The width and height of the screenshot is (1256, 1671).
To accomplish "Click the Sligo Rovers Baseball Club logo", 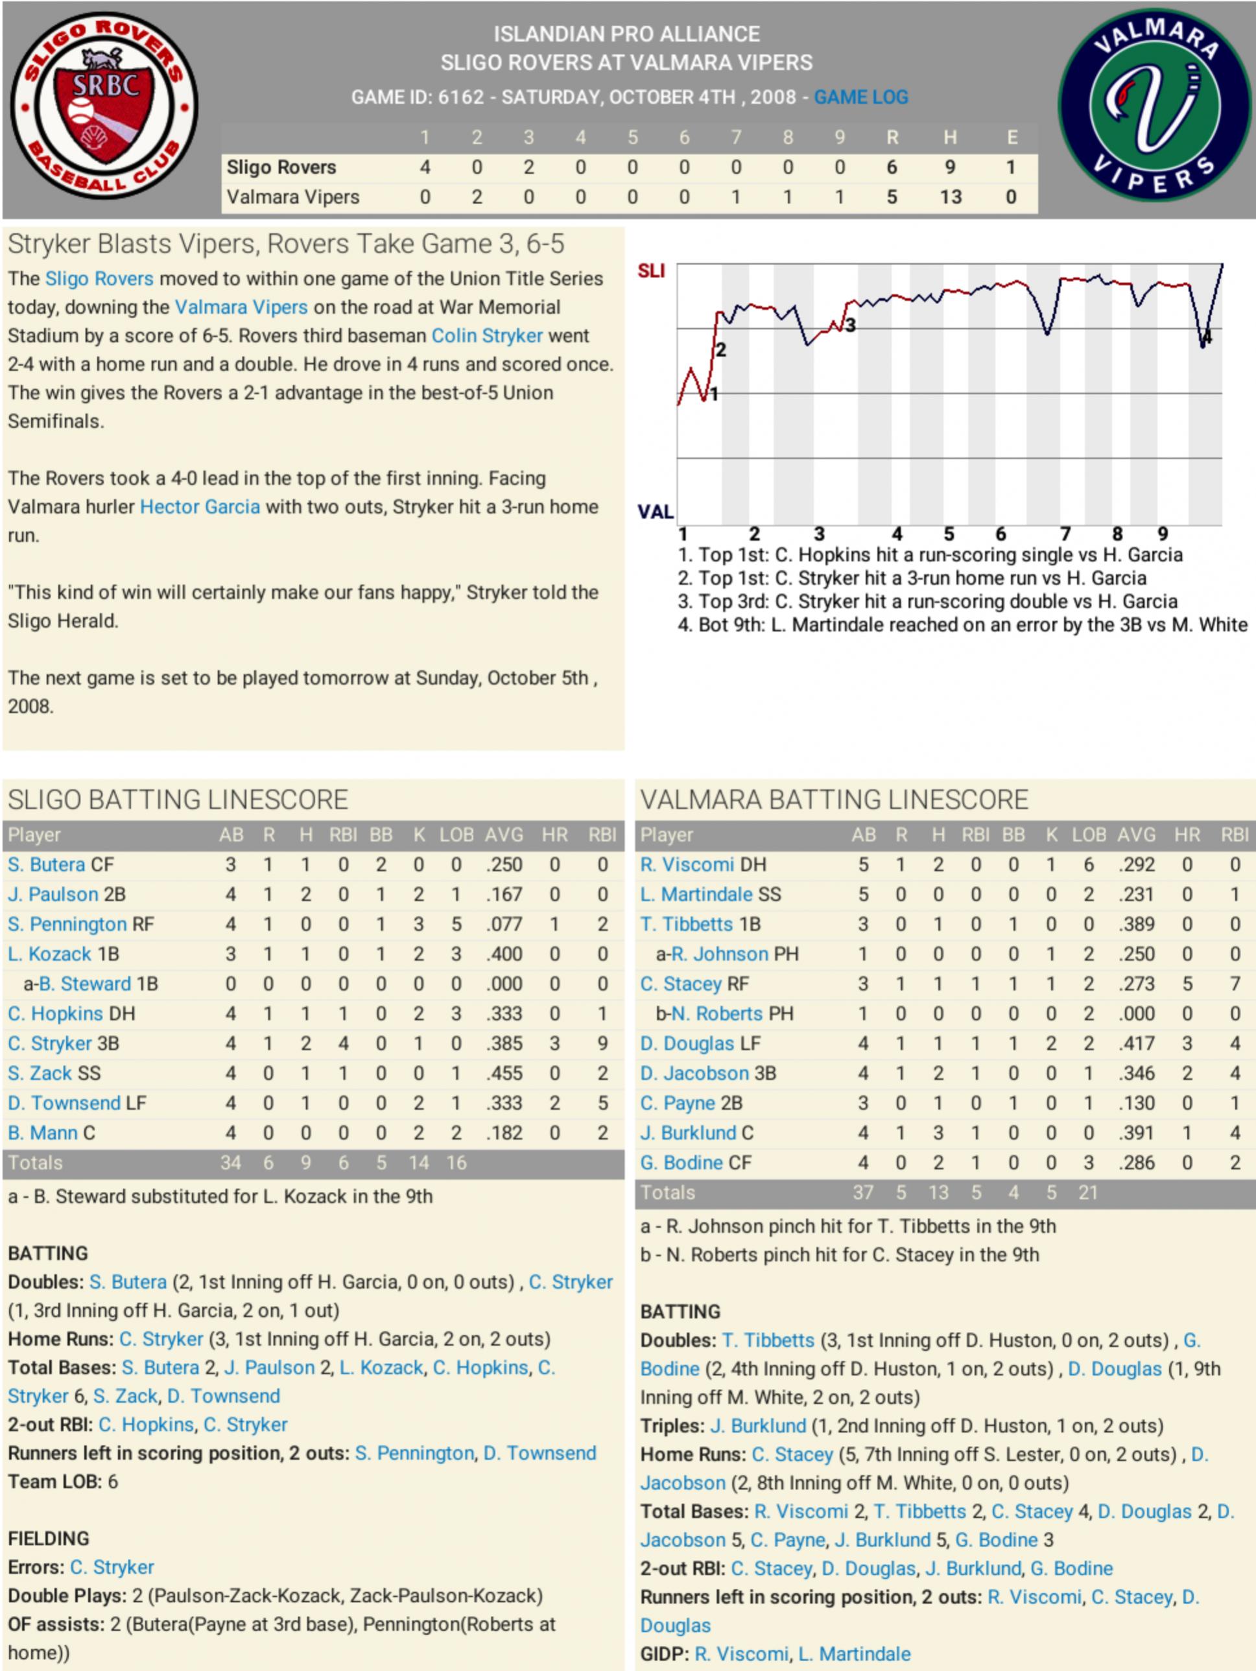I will click(x=104, y=106).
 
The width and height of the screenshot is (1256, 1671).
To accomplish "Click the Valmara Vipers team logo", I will click(x=1154, y=105).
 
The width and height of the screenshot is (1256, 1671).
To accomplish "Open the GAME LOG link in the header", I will click(x=860, y=97).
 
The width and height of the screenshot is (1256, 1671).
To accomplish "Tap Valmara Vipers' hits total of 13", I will click(x=950, y=197).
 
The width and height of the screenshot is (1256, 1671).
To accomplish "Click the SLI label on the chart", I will click(x=651, y=270).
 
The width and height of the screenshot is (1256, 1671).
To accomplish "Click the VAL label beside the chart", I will click(x=655, y=512).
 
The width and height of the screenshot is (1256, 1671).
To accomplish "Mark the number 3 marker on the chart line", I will click(x=851, y=326).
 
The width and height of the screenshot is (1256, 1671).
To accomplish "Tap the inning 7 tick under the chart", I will click(x=1065, y=534).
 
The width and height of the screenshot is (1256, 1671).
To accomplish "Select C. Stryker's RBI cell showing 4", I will click(x=343, y=1043).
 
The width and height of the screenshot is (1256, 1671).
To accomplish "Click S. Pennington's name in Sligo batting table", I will click(x=67, y=924).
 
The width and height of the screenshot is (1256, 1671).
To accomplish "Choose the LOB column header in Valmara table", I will click(x=1088, y=835).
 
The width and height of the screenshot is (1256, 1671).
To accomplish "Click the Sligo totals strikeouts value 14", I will click(x=418, y=1163).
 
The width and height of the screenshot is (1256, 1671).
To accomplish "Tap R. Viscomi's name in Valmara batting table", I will click(x=687, y=864).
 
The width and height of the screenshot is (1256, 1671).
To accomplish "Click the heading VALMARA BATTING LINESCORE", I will click(x=834, y=800).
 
